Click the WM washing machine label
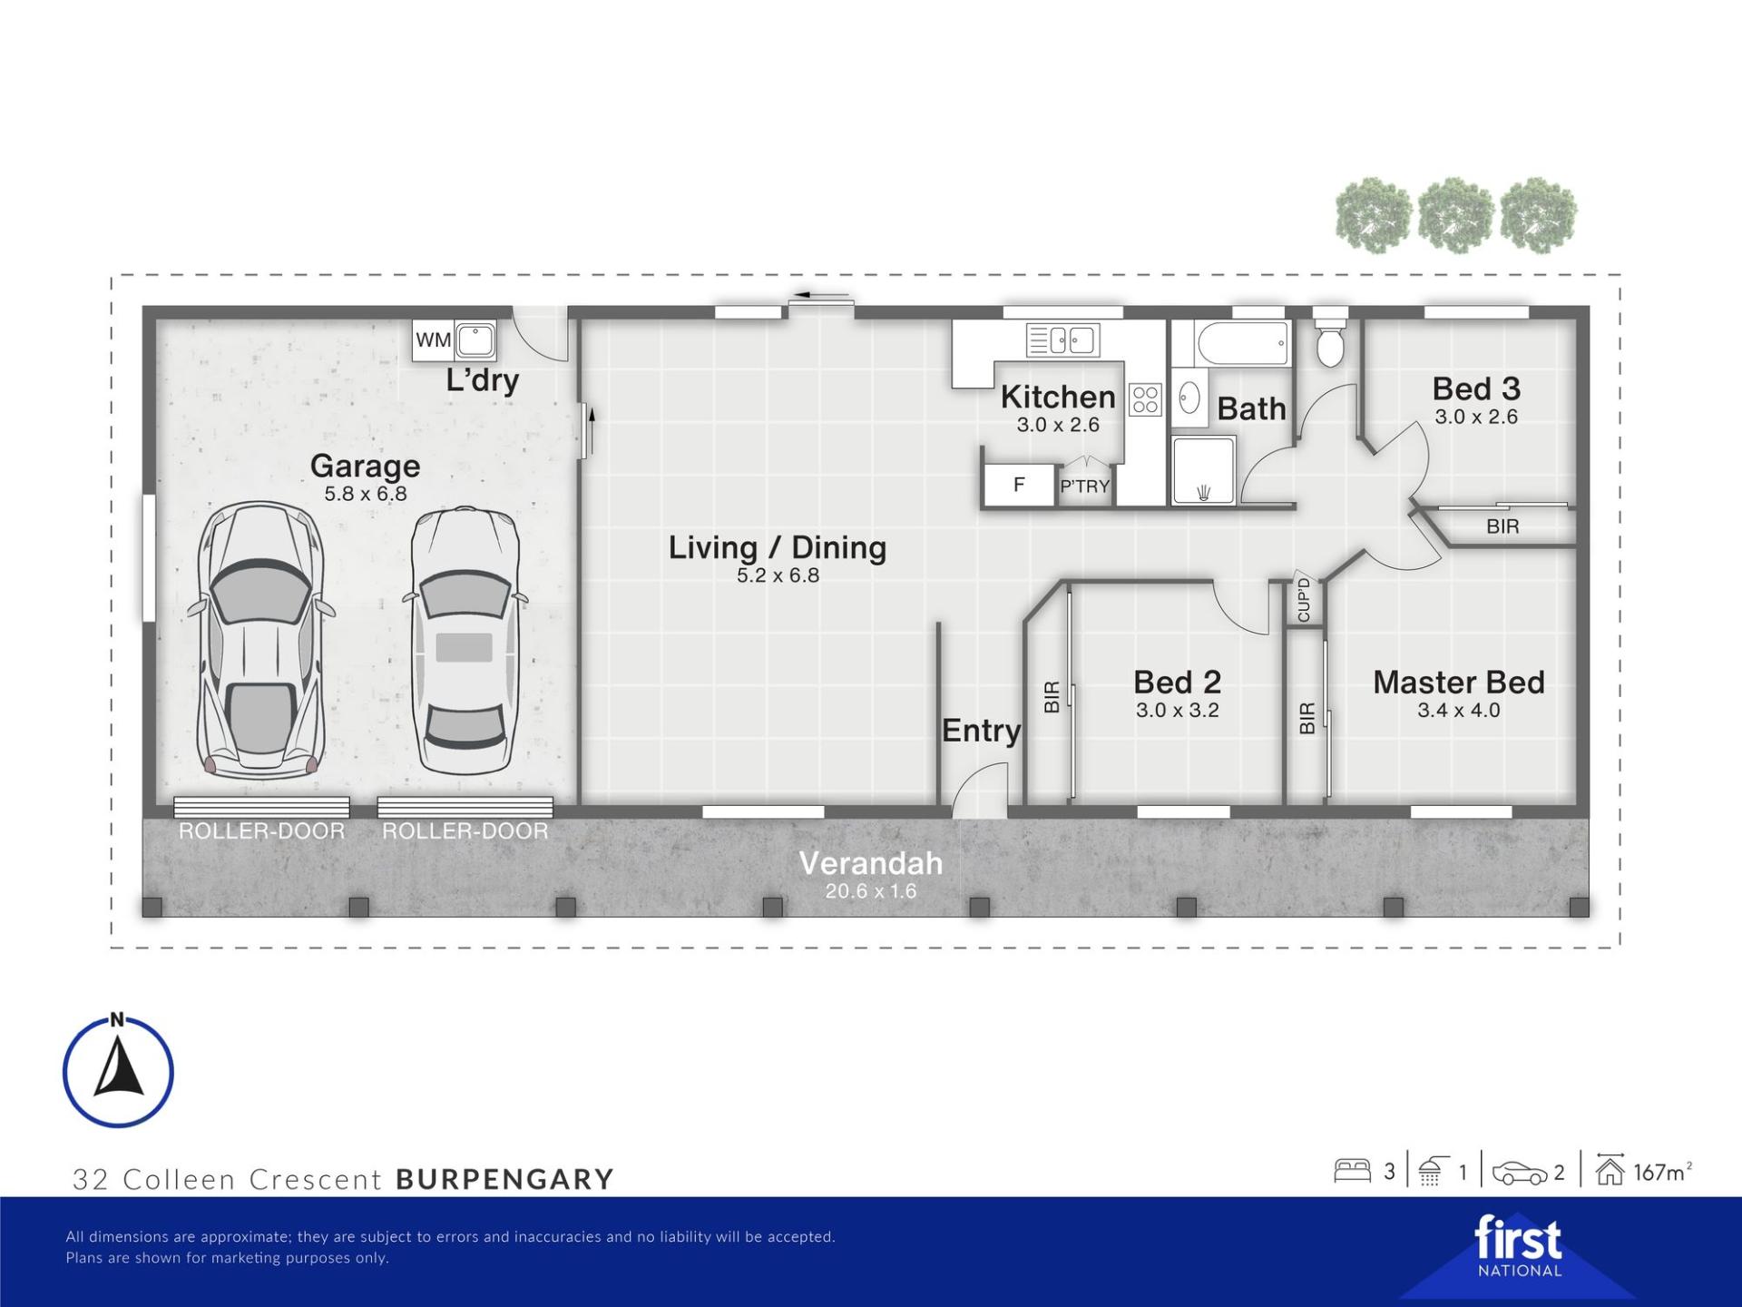click(x=433, y=340)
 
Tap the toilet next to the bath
click(x=1330, y=338)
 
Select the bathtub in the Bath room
click(x=1243, y=344)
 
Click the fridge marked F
click(x=1020, y=485)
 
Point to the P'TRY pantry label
click(x=1085, y=486)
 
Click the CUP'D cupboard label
click(x=1304, y=600)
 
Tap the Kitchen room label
click(x=1058, y=397)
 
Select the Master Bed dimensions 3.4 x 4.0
click(x=1459, y=711)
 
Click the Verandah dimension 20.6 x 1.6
click(x=871, y=891)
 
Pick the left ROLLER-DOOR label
click(x=261, y=831)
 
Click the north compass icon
click(x=118, y=1071)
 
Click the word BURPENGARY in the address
click(x=505, y=1179)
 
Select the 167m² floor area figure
click(x=1663, y=1172)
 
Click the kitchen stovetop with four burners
click(x=1145, y=399)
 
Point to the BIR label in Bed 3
click(x=1502, y=526)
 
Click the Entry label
click(x=981, y=731)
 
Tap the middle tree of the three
click(x=1455, y=215)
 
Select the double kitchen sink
click(x=1063, y=340)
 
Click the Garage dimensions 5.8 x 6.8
click(x=366, y=494)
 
